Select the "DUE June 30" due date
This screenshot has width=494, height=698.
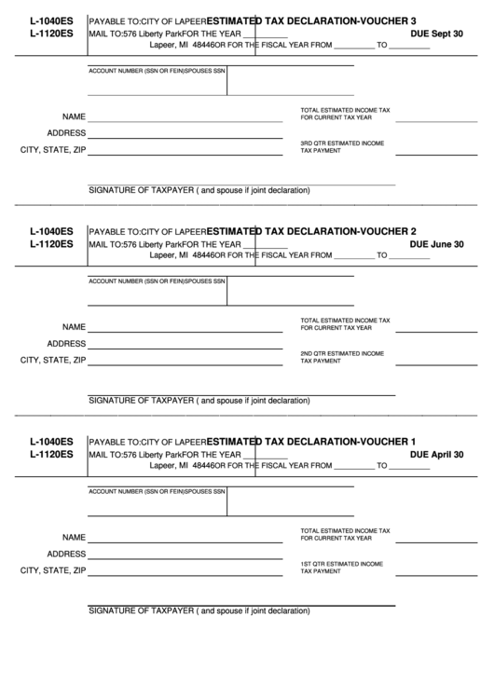point(437,244)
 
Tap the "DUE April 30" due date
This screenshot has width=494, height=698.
point(437,455)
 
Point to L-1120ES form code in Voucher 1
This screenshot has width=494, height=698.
point(51,455)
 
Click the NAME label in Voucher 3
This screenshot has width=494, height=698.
point(74,117)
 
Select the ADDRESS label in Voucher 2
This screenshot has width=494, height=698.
point(66,344)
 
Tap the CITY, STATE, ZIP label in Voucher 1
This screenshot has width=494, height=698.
point(53,570)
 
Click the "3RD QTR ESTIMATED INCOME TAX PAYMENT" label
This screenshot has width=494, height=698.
point(341,146)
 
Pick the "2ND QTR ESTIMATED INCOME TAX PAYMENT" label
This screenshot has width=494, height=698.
point(341,357)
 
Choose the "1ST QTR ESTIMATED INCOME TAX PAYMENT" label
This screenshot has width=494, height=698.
point(341,568)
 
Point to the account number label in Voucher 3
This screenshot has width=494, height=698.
point(157,71)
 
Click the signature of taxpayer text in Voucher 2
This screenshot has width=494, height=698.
point(199,401)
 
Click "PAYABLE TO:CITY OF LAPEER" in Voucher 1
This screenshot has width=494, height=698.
point(146,442)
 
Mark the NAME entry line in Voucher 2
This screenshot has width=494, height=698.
point(185,333)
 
